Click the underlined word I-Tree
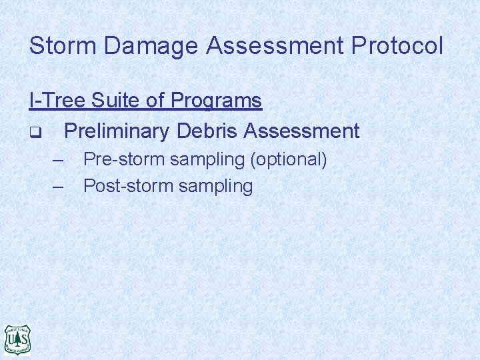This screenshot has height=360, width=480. point(57,101)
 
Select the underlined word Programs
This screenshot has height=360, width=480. point(217,101)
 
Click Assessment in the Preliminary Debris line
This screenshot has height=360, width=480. point(301,131)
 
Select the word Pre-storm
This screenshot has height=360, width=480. point(124,160)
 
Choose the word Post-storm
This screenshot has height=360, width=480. point(128,186)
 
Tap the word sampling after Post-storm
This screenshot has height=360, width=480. point(215,187)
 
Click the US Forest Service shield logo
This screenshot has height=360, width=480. point(18,340)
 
